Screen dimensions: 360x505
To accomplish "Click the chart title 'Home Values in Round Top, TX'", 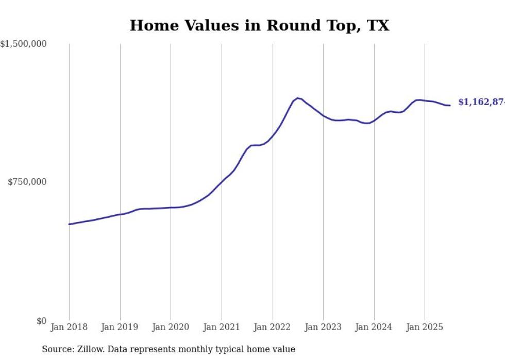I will (x=259, y=25).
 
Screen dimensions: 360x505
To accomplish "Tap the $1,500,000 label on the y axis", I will (x=24, y=44).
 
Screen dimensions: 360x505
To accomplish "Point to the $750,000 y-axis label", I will (x=27, y=182).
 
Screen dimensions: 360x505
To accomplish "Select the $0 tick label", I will (x=41, y=321).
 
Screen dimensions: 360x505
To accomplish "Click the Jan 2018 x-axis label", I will (x=69, y=327).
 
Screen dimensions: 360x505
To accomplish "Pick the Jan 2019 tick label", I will (x=120, y=327).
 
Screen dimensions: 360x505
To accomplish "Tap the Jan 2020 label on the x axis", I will (x=171, y=327).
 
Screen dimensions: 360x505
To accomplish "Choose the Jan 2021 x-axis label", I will (x=222, y=327).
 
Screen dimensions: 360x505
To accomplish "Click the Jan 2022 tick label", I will (x=273, y=327).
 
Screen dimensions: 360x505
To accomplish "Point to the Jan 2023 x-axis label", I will (x=323, y=327).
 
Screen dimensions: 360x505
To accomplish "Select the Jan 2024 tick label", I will (x=374, y=327).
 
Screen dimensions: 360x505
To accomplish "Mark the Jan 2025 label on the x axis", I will (x=425, y=327).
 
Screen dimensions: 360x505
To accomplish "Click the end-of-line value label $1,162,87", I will (x=481, y=102).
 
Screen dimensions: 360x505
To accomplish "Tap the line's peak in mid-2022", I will (x=298, y=98).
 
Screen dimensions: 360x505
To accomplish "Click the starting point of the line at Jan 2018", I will (x=69, y=224).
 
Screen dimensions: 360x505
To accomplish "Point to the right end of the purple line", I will (x=450, y=106).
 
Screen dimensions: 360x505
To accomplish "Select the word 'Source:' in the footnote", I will (x=57, y=349).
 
